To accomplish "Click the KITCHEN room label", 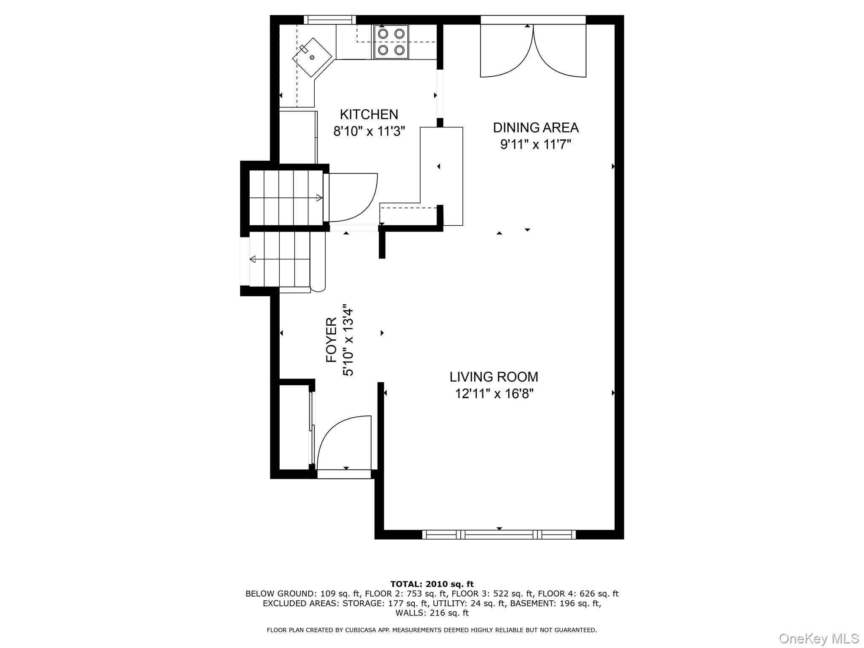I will click(369, 114).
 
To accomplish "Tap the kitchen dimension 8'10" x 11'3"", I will click(369, 132).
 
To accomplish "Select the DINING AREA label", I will click(535, 127).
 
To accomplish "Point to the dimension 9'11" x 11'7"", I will click(535, 145).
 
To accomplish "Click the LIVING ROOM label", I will click(494, 376).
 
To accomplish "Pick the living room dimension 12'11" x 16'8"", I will click(494, 394).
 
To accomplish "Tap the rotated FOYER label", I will click(332, 340).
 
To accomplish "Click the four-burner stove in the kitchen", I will click(391, 42).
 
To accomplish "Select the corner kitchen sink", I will click(312, 57).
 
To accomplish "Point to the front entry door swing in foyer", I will click(344, 443).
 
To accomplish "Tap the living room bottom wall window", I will click(499, 535).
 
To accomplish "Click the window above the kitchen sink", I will click(329, 19).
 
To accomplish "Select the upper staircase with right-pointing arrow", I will click(286, 197).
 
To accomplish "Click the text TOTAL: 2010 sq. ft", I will click(432, 584).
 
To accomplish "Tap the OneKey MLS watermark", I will click(818, 638).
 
